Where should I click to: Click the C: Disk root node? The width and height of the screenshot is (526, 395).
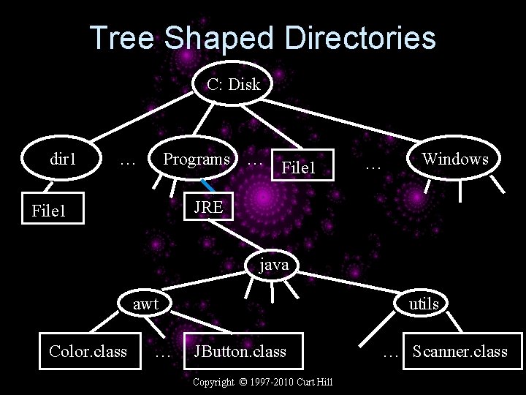coord(233,85)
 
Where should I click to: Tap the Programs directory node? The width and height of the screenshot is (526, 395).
coord(196,159)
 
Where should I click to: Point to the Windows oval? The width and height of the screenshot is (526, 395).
coord(455,159)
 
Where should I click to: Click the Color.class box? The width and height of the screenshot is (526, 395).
coord(88,351)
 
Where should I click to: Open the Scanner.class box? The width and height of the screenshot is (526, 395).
coord(460,351)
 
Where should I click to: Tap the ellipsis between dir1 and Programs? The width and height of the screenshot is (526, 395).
coord(129,159)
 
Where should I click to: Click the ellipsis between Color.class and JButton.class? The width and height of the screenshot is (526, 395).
coord(164,352)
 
